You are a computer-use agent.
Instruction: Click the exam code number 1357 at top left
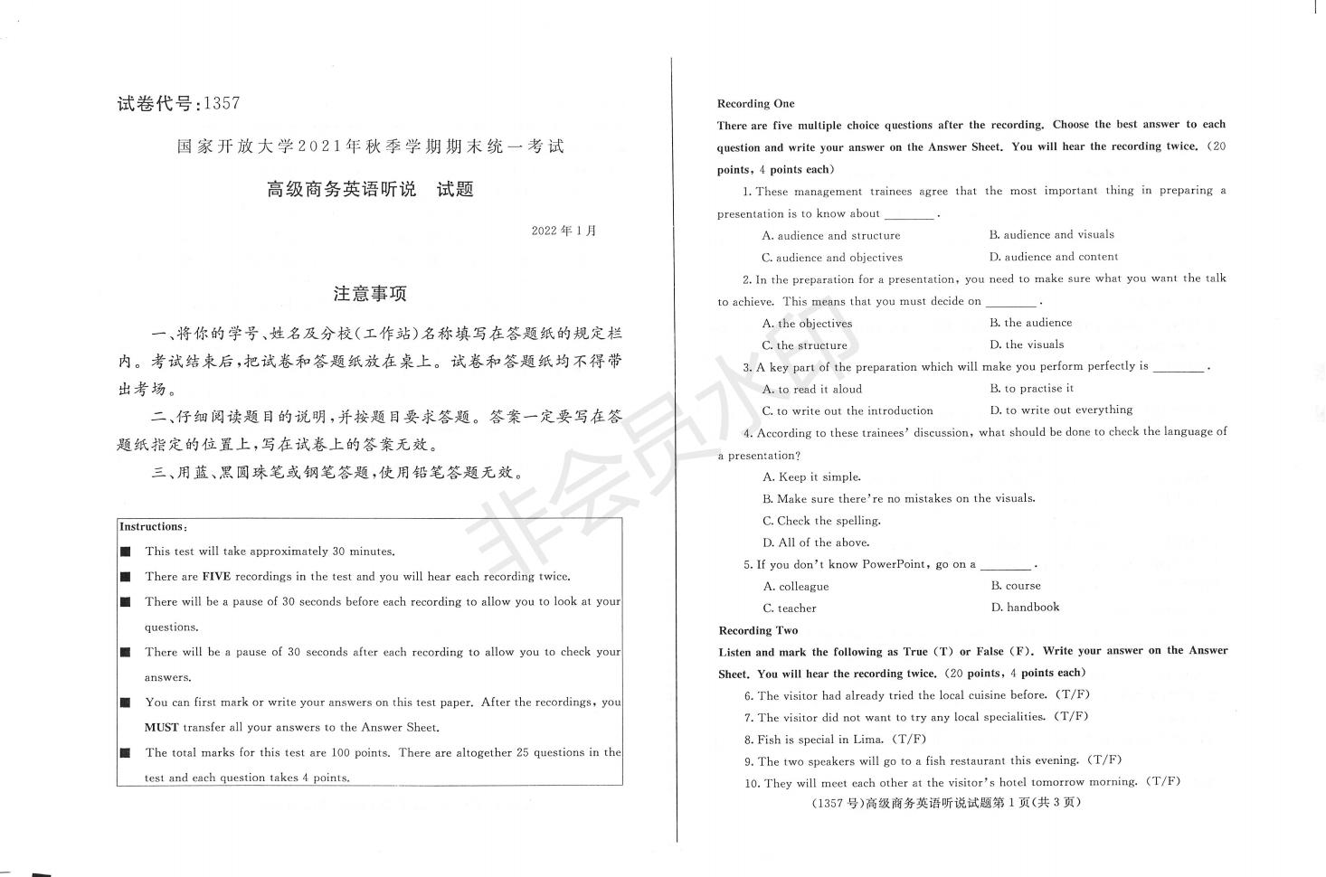click(223, 103)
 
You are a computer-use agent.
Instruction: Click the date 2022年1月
click(564, 231)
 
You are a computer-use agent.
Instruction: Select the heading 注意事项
click(370, 293)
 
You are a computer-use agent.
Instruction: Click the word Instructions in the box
click(151, 526)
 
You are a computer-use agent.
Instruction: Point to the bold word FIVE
click(216, 576)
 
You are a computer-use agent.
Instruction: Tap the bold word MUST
click(161, 727)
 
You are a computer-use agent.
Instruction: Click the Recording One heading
click(755, 103)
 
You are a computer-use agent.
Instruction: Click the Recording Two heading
click(758, 630)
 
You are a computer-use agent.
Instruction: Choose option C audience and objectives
click(832, 257)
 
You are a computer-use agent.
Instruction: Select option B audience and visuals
click(1051, 234)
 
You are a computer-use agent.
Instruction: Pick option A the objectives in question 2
click(807, 323)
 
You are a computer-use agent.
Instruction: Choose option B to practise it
click(1032, 388)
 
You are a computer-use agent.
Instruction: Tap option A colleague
click(796, 586)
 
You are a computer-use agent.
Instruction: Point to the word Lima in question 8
click(869, 739)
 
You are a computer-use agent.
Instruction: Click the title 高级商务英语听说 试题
click(370, 189)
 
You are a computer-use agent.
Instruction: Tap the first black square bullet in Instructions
click(126, 552)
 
